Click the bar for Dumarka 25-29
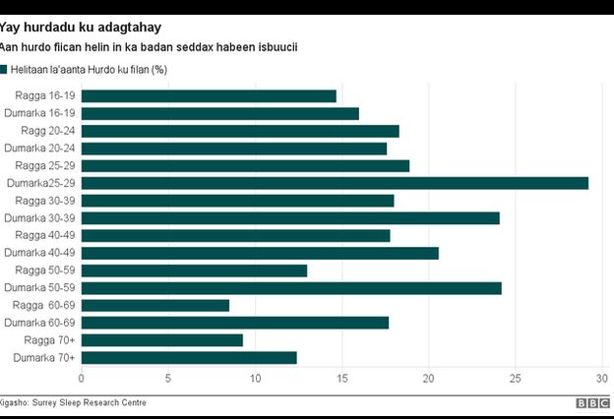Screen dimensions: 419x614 tap(335, 183)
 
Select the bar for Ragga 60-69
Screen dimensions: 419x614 tap(154, 305)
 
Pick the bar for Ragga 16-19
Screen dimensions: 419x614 tap(209, 95)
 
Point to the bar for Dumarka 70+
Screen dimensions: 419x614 tap(189, 358)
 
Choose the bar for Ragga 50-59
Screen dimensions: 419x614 tap(194, 270)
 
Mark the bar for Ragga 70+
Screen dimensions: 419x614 tap(161, 340)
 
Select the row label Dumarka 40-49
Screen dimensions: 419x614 tap(39, 253)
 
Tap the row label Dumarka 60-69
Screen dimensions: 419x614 tap(39, 323)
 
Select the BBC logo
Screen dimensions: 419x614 tap(593, 403)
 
